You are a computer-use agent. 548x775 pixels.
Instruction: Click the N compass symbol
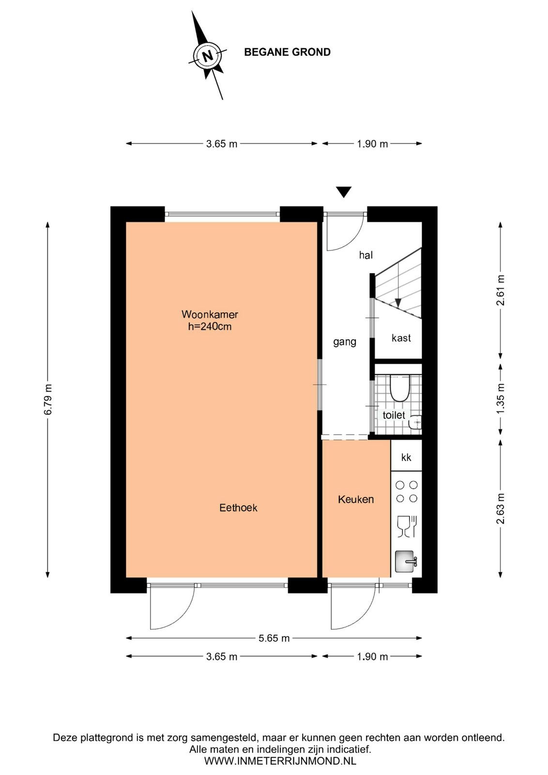coord(208,55)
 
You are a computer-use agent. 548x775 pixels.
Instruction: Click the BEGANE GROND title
coord(287,52)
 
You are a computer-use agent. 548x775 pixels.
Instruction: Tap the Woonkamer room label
coord(210,314)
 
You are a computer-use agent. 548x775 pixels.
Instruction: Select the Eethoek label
coord(238,508)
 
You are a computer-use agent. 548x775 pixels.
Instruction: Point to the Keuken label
coord(356,499)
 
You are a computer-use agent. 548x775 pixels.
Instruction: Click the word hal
coord(366,255)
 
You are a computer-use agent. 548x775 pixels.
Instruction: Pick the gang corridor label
coord(345,342)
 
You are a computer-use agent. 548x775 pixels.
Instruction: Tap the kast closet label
coord(401,338)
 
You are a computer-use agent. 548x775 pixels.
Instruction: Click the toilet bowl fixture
coord(400,388)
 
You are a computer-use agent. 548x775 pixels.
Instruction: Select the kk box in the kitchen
coord(406,455)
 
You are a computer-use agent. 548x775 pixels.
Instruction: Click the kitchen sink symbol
coord(406,561)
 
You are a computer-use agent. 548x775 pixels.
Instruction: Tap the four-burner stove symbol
coord(407,492)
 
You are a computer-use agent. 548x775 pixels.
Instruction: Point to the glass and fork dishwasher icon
coord(408,527)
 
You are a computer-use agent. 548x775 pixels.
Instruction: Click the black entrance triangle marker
coord(344,192)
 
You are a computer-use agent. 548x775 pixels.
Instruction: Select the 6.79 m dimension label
coord(48,399)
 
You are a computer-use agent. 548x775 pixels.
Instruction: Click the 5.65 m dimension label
coord(274,638)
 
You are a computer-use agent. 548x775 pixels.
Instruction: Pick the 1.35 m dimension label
coord(500,398)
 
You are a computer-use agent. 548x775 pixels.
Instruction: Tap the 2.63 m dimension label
coord(500,509)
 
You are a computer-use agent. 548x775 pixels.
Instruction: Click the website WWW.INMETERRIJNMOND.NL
coord(280,761)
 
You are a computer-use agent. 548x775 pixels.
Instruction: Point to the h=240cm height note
coord(210,326)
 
